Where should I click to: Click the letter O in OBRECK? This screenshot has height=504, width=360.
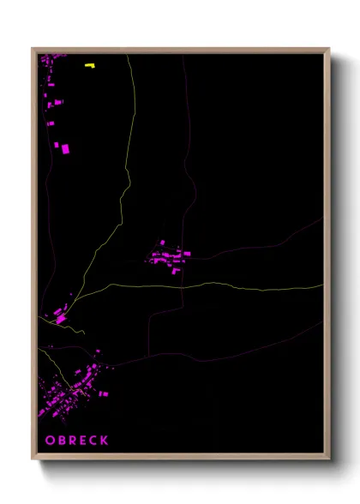click(49, 441)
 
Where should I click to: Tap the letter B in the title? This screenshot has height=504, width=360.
click(61, 441)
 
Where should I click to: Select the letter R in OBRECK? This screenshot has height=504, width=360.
click(72, 441)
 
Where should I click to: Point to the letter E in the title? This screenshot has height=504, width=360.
click(83, 441)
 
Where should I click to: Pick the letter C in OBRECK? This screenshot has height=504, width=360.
click(93, 441)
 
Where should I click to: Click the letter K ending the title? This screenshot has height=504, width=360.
click(105, 441)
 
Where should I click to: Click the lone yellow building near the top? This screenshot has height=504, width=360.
click(90, 64)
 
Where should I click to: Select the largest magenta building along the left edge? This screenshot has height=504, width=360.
click(65, 149)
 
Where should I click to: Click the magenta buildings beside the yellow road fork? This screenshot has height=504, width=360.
click(60, 315)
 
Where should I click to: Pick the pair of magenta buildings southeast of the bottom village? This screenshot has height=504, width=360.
click(104, 393)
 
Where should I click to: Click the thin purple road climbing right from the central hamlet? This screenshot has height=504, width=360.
click(257, 243)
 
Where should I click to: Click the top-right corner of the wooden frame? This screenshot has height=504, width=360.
click(328, 49)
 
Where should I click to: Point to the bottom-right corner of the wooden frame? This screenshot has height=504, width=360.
click(328, 459)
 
